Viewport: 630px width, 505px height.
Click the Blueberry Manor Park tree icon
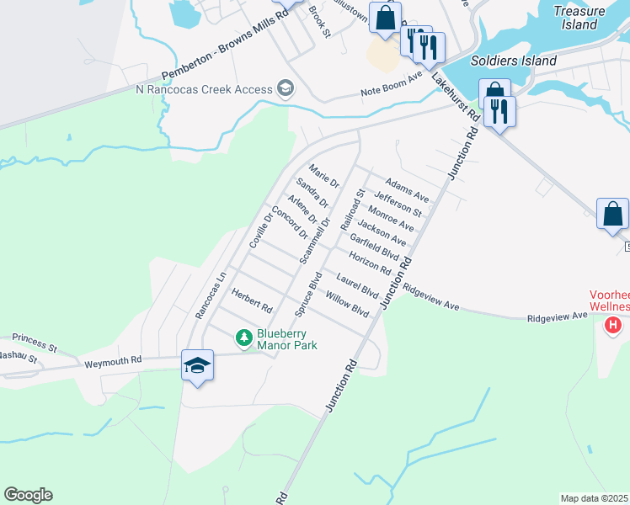(244, 338)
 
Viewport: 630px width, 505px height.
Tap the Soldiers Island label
(514, 61)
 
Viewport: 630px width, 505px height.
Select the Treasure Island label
(579, 18)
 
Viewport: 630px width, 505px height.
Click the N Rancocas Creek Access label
(204, 89)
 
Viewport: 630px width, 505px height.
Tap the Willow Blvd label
(348, 305)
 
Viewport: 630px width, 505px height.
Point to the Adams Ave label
(407, 190)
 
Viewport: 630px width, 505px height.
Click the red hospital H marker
(614, 324)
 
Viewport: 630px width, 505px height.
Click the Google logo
(28, 495)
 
